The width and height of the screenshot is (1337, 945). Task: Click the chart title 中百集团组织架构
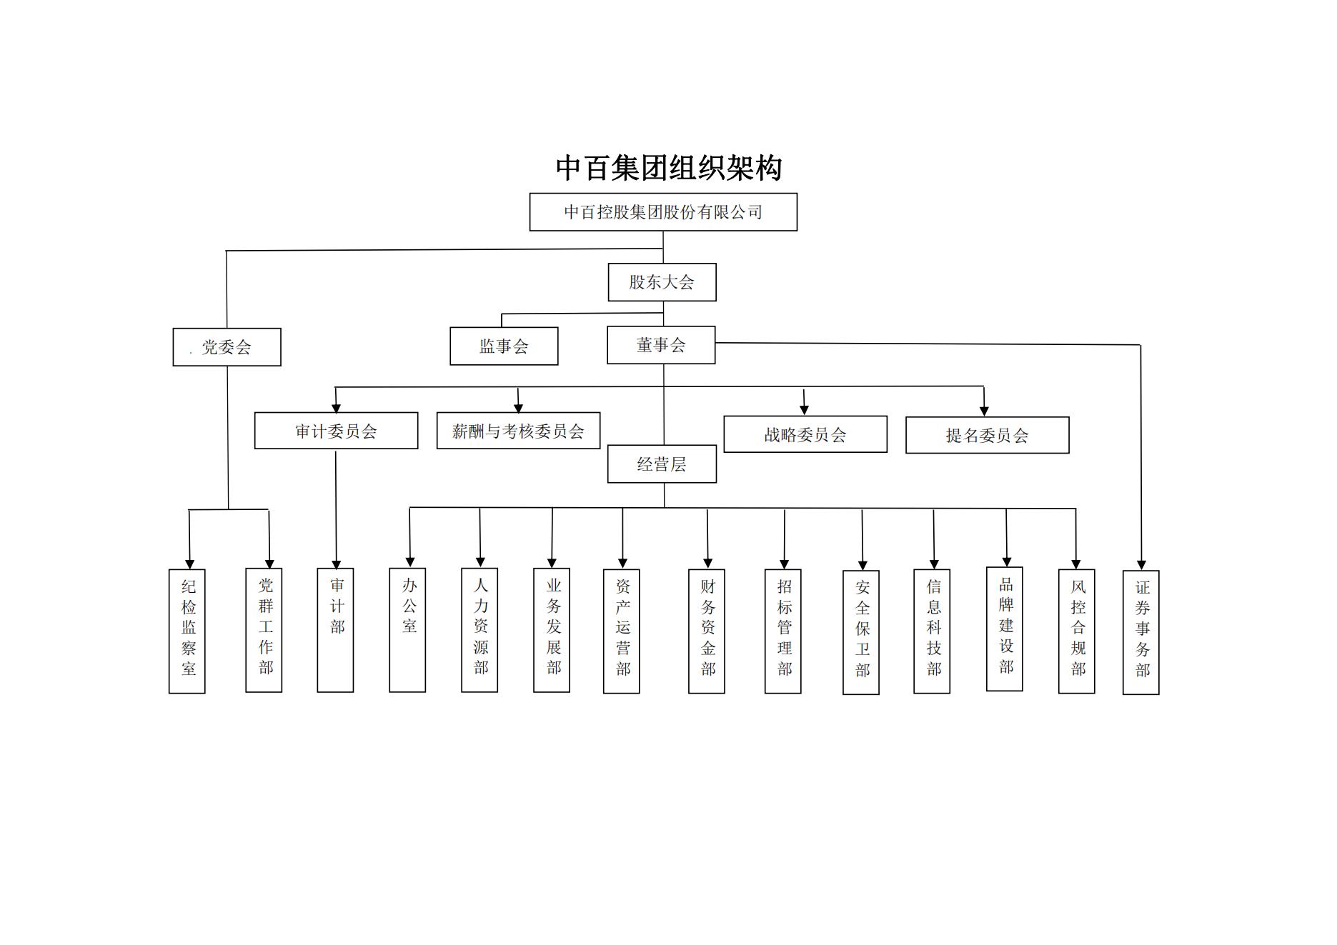coord(668,169)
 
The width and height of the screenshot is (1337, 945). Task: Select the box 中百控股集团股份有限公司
coord(662,212)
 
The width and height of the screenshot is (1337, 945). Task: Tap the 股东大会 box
coord(662,282)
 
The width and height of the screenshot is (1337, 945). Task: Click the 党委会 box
coord(227,347)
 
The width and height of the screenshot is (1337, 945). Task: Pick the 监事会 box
coord(504,346)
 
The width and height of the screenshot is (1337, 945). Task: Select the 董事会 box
coord(661,346)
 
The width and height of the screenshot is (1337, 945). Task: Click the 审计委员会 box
coord(336,431)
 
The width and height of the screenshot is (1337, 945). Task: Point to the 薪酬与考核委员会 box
coord(518,431)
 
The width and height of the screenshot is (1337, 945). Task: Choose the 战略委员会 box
coord(805,434)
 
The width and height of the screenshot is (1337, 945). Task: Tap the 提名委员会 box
coord(987,435)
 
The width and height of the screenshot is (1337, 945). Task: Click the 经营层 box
coord(662,464)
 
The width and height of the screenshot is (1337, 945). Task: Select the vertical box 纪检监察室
coord(187,631)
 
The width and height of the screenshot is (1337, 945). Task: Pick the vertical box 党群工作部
coord(264,630)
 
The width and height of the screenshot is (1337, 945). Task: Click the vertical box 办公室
coord(407,630)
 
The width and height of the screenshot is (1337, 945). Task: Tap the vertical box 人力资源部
coord(479,630)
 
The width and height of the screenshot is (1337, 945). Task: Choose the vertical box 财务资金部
coord(707,631)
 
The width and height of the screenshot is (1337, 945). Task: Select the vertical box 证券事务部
coord(1141,632)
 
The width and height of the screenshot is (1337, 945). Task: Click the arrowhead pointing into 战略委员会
coord(804,409)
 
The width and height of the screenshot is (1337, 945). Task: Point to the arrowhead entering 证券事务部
coord(1141,565)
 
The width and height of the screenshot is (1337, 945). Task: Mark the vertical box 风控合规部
coord(1077,631)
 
